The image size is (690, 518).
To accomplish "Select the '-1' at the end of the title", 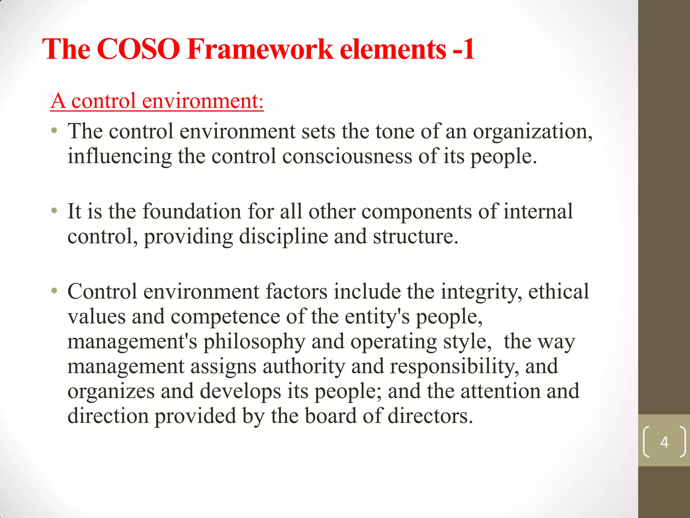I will coord(464,49).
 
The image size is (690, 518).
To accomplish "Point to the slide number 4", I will coord(664,442).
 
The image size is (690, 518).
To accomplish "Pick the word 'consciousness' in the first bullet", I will coord(347,156).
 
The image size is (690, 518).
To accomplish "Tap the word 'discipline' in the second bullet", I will coord(283,236).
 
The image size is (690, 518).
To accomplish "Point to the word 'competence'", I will coord(225,317).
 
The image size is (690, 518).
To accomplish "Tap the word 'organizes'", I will coord(111,392).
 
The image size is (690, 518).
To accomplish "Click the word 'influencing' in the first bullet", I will coord(120,156).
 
